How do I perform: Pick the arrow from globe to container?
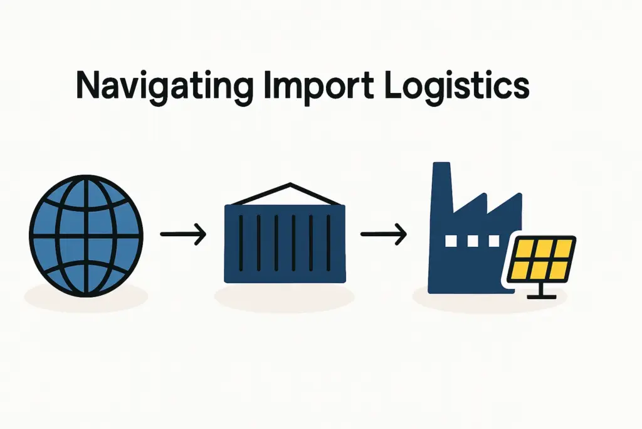183,235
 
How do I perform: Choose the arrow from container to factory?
383,235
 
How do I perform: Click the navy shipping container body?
285,242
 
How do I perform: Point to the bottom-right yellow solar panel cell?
557,271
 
